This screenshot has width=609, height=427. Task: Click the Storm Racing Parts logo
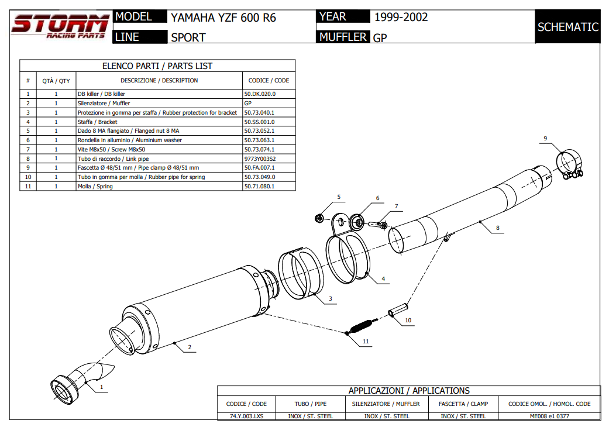pos(60,27)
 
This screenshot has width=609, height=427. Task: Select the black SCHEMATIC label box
pos(567,27)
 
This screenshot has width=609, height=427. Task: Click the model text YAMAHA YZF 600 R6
pos(223,18)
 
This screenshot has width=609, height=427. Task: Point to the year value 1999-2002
pos(401,17)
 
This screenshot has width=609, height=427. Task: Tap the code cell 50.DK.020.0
pos(260,94)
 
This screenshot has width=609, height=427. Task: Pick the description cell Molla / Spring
pos(95,187)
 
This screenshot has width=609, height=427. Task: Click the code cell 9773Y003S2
pos(260,159)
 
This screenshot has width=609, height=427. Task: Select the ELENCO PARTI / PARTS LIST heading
pos(157,66)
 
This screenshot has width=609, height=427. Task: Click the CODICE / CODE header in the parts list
pos(269,81)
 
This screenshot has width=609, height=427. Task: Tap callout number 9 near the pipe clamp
pos(545,139)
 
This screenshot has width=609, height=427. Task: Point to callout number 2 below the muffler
pos(190,348)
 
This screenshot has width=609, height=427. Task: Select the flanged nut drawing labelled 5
pos(320,218)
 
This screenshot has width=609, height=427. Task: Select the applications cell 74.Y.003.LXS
pos(246,416)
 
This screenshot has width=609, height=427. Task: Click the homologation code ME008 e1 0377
pos(549,416)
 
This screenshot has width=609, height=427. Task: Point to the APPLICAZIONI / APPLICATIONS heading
pos(408,391)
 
